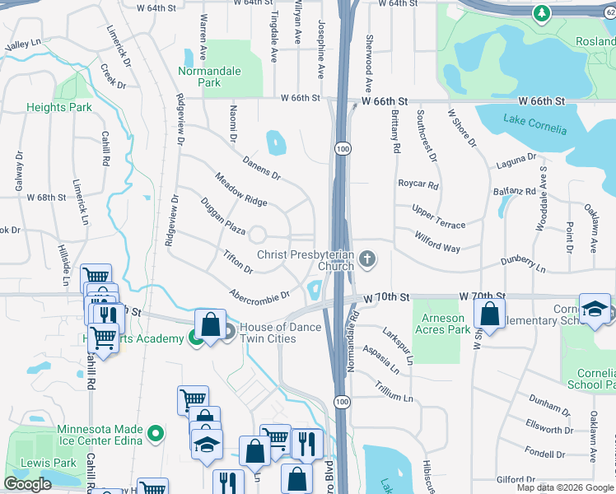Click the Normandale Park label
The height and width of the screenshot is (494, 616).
pyautogui.click(x=210, y=77)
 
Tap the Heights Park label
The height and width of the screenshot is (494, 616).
pyautogui.click(x=58, y=107)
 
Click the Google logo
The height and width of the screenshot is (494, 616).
pyautogui.click(x=27, y=484)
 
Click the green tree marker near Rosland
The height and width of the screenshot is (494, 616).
pyautogui.click(x=541, y=13)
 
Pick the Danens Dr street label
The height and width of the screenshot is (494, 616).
pyautogui.click(x=261, y=166)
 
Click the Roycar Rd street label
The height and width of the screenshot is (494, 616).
pyautogui.click(x=418, y=184)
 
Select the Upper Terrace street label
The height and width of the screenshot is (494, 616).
pyautogui.click(x=438, y=215)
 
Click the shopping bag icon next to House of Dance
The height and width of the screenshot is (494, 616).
pyautogui.click(x=211, y=324)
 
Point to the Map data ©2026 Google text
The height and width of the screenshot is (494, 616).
pyautogui.click(x=565, y=487)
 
